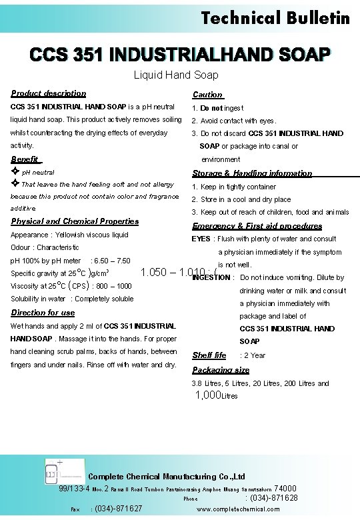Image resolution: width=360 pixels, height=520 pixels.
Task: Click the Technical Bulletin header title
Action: click(x=275, y=17)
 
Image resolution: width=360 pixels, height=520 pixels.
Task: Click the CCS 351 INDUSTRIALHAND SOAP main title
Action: click(x=179, y=53)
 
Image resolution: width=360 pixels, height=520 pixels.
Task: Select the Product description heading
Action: click(x=49, y=93)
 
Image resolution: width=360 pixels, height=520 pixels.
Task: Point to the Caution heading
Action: click(x=207, y=95)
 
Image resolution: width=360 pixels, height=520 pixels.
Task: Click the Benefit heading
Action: click(x=26, y=159)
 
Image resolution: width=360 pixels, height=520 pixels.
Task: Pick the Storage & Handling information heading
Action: click(x=252, y=173)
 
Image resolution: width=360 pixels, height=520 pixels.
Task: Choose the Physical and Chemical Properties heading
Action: click(x=75, y=221)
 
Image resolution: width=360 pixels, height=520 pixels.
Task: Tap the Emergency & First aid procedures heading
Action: click(x=257, y=226)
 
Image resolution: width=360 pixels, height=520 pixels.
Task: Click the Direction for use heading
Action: click(x=43, y=313)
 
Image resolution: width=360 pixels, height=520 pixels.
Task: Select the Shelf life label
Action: click(x=209, y=355)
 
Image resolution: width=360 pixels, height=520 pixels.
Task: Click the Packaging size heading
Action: click(x=221, y=370)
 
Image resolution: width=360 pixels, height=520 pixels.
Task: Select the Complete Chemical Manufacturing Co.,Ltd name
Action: click(x=167, y=477)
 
